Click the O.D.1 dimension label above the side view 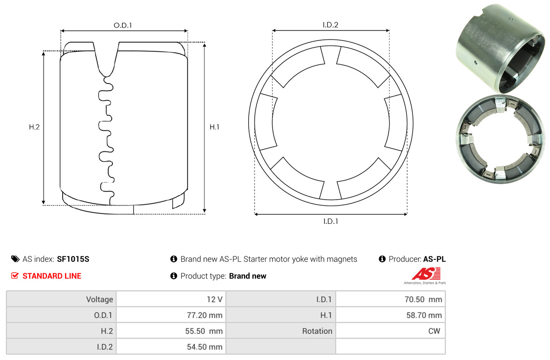pyautogui.click(x=123, y=25)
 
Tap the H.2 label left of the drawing pyautogui.click(x=34, y=127)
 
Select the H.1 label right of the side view pyautogui.click(x=214, y=127)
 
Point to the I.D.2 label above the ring pyautogui.click(x=330, y=25)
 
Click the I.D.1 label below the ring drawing pyautogui.click(x=331, y=221)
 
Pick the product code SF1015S pyautogui.click(x=73, y=259)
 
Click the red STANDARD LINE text pyautogui.click(x=52, y=276)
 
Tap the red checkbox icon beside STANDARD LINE pyautogui.click(x=15, y=276)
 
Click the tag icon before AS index pyautogui.click(x=15, y=259)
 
